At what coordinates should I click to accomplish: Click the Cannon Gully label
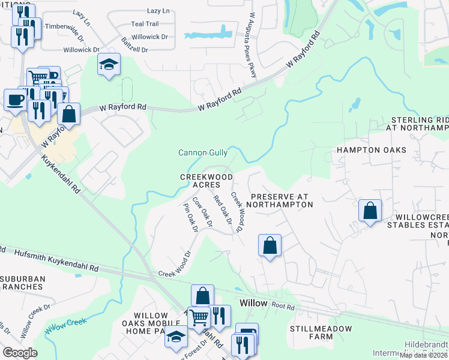click(x=203, y=153)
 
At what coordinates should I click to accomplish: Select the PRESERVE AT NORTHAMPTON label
click(x=282, y=200)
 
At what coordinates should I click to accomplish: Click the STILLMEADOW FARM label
click(x=311, y=332)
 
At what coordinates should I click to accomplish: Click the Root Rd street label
click(x=283, y=306)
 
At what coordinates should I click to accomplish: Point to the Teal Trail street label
click(x=145, y=24)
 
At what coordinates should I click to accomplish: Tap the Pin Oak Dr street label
click(x=190, y=217)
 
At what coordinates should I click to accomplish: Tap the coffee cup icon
click(x=15, y=100)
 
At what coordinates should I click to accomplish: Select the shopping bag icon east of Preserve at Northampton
click(x=370, y=211)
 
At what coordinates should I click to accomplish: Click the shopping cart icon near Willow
click(x=199, y=317)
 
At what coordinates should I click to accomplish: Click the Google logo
click(x=20, y=353)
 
